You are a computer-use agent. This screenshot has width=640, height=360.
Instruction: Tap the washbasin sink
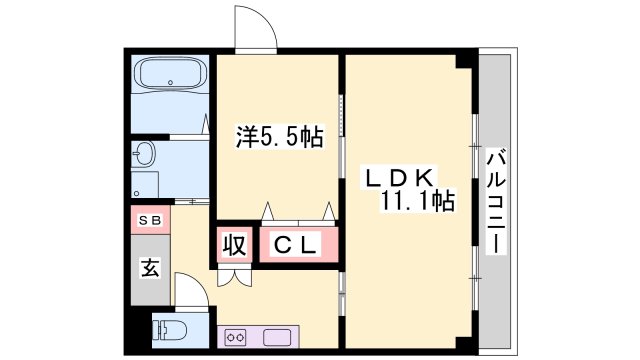(x=145, y=154)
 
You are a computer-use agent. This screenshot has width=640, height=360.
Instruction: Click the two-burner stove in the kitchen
(x=237, y=336)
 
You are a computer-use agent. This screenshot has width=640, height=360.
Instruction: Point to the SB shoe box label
(x=149, y=219)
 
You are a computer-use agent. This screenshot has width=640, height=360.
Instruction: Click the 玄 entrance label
(x=149, y=269)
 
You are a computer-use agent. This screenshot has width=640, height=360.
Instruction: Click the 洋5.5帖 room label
(x=280, y=136)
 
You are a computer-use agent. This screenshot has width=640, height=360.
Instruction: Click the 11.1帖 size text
(x=417, y=202)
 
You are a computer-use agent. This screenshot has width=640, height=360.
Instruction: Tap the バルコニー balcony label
(x=496, y=200)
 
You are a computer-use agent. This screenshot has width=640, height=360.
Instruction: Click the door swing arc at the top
(x=256, y=25)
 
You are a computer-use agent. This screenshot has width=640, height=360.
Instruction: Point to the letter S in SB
(x=144, y=219)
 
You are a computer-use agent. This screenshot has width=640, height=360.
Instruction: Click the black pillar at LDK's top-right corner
(x=462, y=60)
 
